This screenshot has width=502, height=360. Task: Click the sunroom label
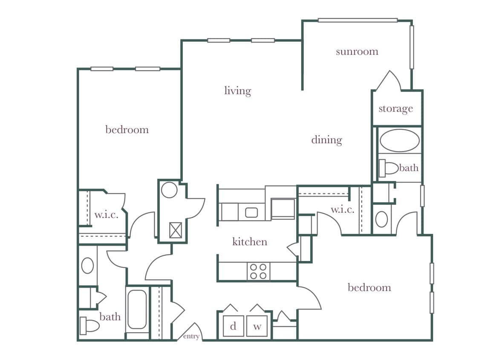357,52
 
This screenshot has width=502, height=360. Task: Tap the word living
237,91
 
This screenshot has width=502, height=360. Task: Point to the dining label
326,140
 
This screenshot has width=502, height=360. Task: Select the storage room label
395,109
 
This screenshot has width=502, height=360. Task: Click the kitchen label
250,242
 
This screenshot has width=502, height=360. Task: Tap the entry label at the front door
191,337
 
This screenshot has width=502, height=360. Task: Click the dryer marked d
233,326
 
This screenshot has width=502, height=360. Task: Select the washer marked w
257,326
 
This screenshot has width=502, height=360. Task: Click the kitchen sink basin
251,212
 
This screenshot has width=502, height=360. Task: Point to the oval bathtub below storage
399,140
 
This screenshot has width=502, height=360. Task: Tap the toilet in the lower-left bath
90,326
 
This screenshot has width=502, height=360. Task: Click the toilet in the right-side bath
388,168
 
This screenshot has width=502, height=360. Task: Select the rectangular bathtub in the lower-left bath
137,309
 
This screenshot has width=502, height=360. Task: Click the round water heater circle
169,189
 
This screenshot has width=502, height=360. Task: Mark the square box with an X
176,230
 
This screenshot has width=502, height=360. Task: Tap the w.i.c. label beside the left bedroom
106,215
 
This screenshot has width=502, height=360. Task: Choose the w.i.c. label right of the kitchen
342,210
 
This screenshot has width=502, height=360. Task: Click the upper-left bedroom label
127,130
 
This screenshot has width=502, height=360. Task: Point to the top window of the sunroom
358,20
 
